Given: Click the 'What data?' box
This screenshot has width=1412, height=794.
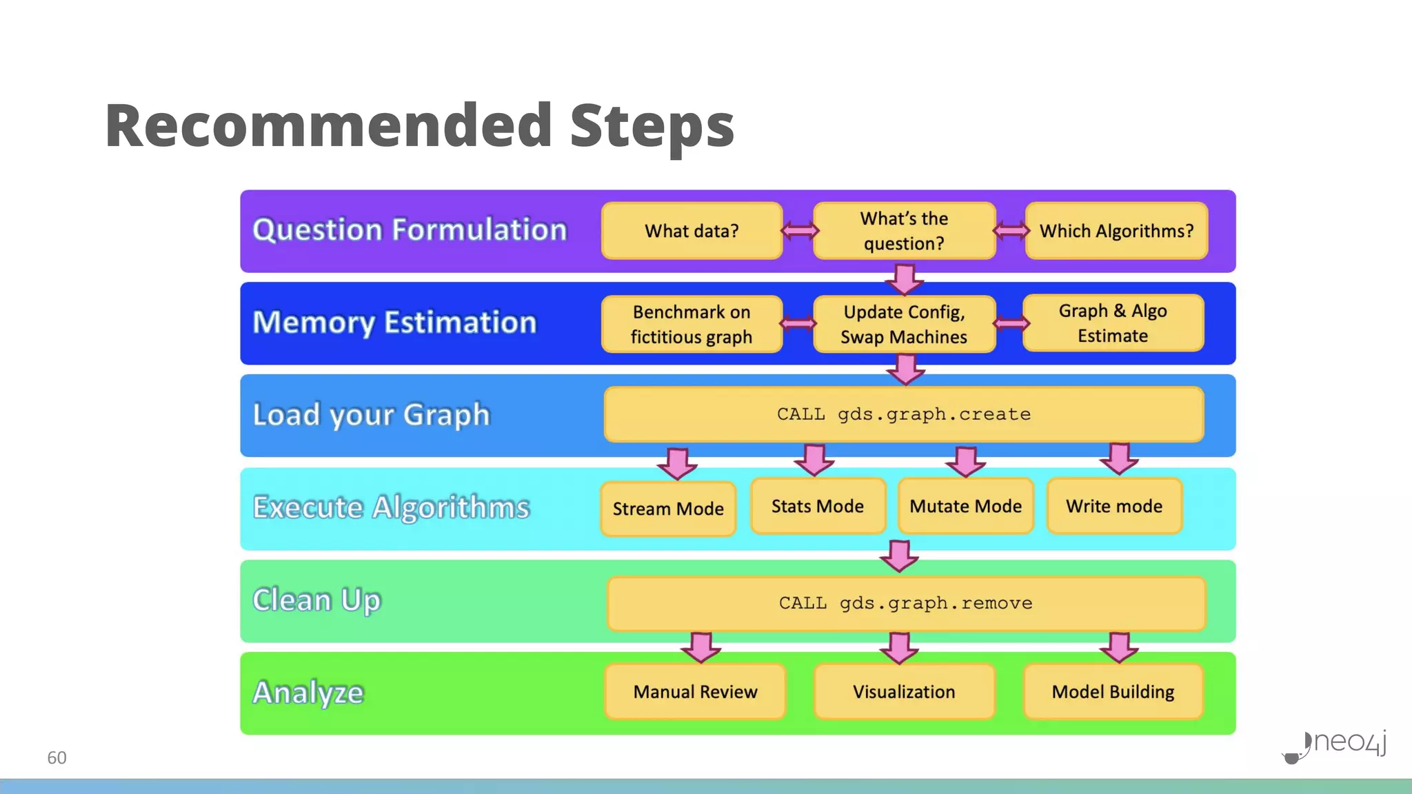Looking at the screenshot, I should pos(692,231).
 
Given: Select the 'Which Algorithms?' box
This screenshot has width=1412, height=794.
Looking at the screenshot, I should pos(1116,231).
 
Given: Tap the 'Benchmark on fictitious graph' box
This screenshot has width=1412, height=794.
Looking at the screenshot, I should pos(692,324).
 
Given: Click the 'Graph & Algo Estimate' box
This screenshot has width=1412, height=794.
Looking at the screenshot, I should pos(1113,323).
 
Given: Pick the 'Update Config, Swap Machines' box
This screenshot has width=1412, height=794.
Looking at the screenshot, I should pos(904,324).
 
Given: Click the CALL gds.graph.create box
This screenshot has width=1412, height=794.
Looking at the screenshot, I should pos(904,414).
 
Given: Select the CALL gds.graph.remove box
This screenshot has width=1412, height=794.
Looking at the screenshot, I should pos(906,603).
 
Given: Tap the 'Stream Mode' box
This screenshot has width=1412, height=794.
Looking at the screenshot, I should pos(668,509).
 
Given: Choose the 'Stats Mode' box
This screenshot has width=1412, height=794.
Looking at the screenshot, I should pos(818,507).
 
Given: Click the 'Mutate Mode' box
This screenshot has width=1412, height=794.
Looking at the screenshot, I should pos(965,507).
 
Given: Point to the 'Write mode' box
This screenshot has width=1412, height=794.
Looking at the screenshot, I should pos(1114,507).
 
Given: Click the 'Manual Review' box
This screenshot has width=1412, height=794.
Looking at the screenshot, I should pos(695,691).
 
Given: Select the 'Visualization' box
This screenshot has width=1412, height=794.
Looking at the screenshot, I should pos(904,691).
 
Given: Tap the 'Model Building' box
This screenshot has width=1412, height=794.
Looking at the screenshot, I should pos(1113,691).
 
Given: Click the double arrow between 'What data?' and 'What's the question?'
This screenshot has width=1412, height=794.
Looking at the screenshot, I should pos(798,230).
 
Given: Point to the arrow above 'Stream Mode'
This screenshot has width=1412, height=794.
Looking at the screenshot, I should pos(677,462).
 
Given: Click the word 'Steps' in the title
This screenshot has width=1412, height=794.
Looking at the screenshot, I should pos(652,125).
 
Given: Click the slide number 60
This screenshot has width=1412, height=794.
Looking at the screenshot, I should pos(57,757).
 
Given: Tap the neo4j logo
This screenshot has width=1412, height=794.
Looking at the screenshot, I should pos(1335,744).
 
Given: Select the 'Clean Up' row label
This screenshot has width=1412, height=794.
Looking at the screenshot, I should pos(316,600).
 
